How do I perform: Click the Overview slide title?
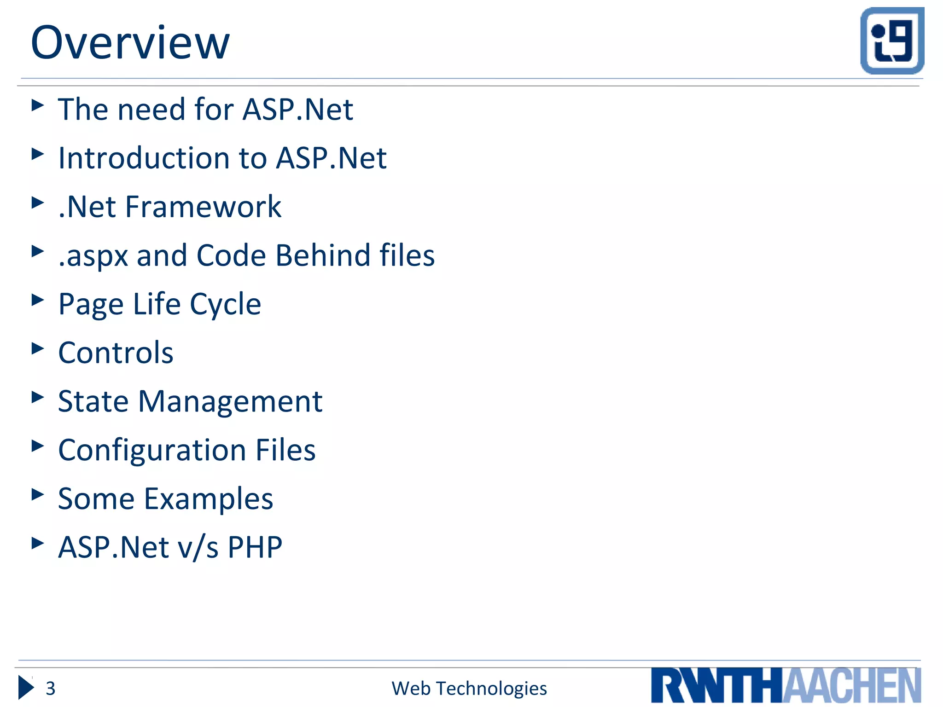(130, 43)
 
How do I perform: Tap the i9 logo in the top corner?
(892, 41)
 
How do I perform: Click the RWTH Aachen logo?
(786, 685)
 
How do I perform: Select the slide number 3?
(50, 689)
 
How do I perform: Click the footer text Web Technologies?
(469, 689)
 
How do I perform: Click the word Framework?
(203, 207)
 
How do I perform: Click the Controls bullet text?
(116, 353)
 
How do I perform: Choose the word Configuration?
(152, 450)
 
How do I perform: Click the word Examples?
(209, 499)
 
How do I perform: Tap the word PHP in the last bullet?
(255, 548)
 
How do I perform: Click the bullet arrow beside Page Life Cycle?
(38, 300)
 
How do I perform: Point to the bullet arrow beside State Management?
(38, 397)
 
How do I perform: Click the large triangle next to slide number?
(26, 688)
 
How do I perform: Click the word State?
(93, 402)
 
